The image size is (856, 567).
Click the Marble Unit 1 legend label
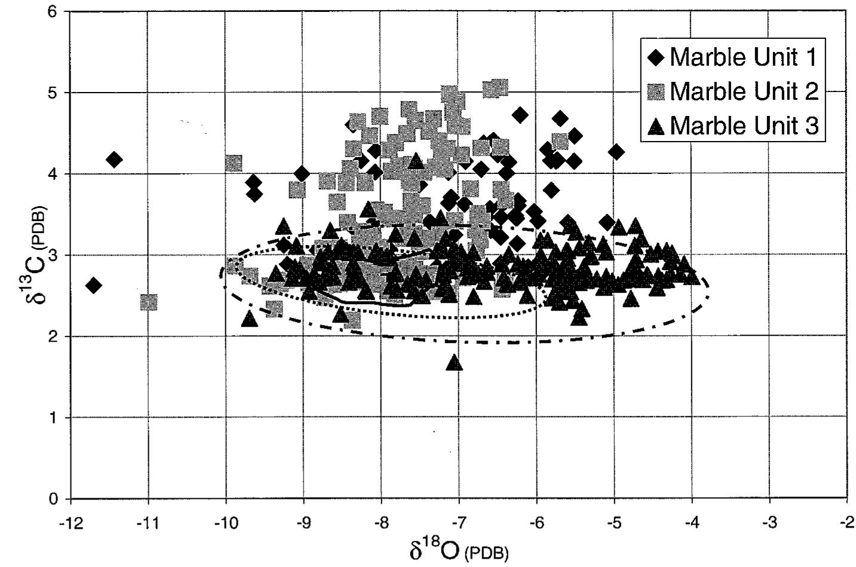[x=743, y=57]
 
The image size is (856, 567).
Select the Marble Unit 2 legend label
[x=743, y=91]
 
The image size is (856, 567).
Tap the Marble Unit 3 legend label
[x=743, y=126]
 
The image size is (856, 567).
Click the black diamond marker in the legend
[x=656, y=58]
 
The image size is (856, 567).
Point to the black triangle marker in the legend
[x=656, y=126]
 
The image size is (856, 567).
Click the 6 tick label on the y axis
[x=55, y=12]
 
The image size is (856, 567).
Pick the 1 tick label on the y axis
[x=55, y=418]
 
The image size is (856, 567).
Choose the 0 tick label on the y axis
[x=55, y=499]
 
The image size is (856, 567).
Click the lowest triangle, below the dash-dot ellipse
[x=454, y=362]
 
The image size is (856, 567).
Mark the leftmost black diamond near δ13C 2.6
[x=93, y=286]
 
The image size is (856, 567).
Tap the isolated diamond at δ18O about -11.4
[x=114, y=160]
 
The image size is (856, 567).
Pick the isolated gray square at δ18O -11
[x=149, y=302]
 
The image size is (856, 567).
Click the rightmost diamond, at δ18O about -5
[x=616, y=152]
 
